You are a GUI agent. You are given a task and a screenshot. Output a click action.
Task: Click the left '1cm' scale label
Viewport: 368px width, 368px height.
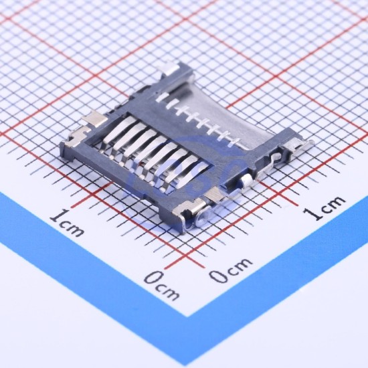(x=67, y=223)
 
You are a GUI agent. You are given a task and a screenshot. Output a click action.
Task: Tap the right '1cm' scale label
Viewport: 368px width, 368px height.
(x=325, y=207)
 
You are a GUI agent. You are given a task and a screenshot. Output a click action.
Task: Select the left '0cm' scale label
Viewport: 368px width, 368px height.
(x=161, y=286)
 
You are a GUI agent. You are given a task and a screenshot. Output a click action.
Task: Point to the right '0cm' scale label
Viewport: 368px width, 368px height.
(x=231, y=270)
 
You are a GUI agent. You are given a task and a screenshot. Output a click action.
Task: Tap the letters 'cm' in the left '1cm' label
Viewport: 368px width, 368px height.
(x=72, y=227)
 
